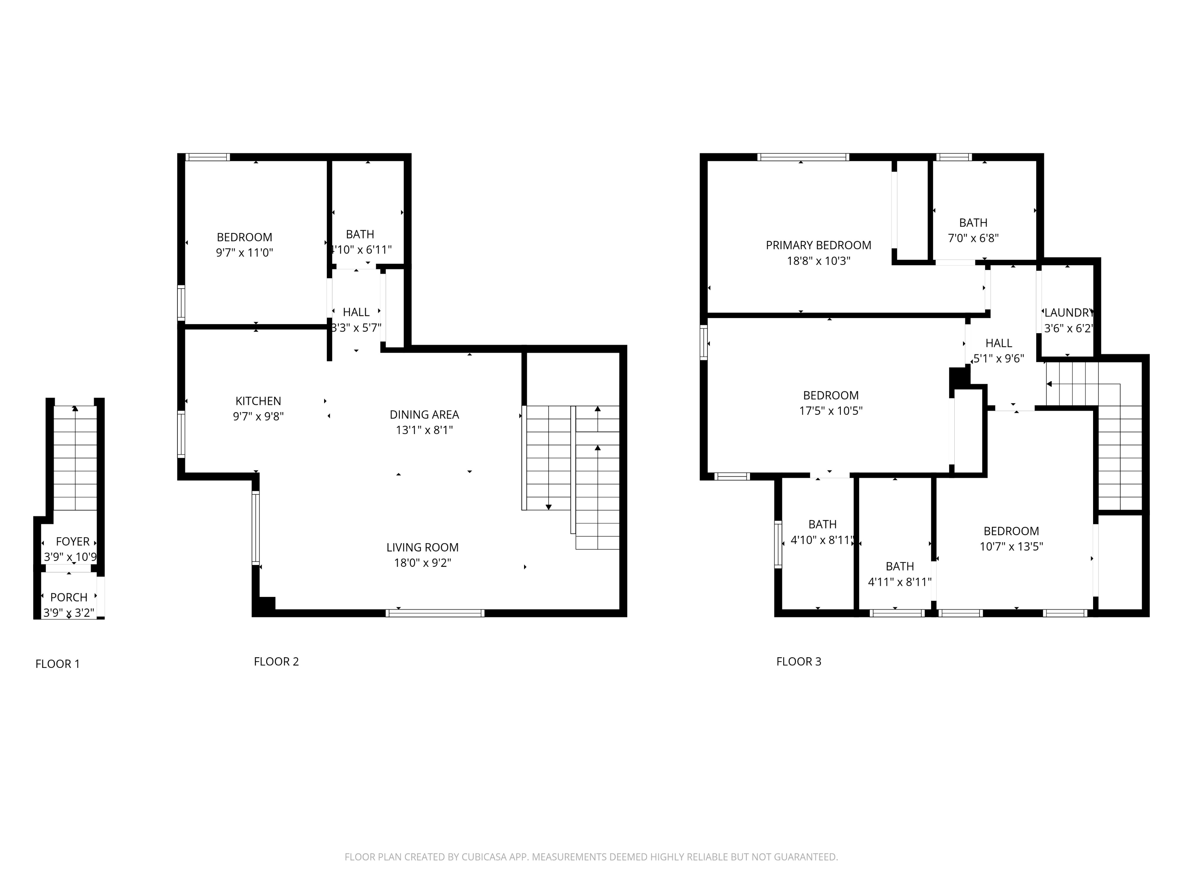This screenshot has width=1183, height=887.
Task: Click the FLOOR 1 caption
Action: click(57, 664)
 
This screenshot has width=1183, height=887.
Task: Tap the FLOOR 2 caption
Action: click(276, 662)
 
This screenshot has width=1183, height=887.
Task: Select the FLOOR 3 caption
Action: click(799, 662)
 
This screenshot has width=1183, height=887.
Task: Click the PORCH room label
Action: click(69, 597)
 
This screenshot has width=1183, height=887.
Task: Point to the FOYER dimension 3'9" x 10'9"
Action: click(70, 557)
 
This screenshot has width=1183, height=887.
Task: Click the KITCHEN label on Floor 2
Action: click(258, 401)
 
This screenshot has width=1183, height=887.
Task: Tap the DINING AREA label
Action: click(424, 414)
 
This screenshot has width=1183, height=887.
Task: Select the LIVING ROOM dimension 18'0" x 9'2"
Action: click(422, 563)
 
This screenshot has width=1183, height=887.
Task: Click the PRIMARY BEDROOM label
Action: click(818, 246)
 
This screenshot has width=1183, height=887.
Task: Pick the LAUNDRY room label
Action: click(1068, 313)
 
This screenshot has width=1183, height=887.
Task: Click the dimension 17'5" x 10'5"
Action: click(830, 411)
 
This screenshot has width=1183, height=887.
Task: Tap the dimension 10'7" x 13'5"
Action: click(1011, 546)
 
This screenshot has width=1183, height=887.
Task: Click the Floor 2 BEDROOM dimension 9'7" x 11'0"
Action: click(244, 252)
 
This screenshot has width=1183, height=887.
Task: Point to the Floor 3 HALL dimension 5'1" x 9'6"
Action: click(998, 359)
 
